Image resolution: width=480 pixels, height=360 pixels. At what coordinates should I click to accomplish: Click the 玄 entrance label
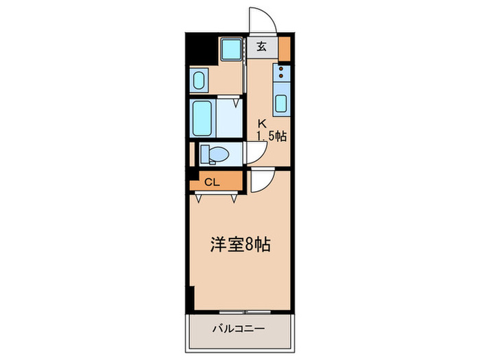tap(262, 47)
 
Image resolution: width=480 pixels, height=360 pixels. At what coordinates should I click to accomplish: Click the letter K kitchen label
tap(261, 124)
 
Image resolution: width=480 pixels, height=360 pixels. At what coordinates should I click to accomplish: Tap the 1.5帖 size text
tap(272, 136)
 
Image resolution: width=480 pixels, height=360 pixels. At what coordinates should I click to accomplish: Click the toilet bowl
tap(214, 154)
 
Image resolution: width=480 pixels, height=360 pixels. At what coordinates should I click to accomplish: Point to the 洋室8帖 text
tap(239, 244)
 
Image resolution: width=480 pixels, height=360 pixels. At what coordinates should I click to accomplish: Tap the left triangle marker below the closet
tap(199, 199)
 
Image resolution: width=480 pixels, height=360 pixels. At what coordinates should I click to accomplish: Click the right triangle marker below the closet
tap(234, 199)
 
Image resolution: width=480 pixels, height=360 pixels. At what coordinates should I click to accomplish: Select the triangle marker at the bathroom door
tap(237, 104)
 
